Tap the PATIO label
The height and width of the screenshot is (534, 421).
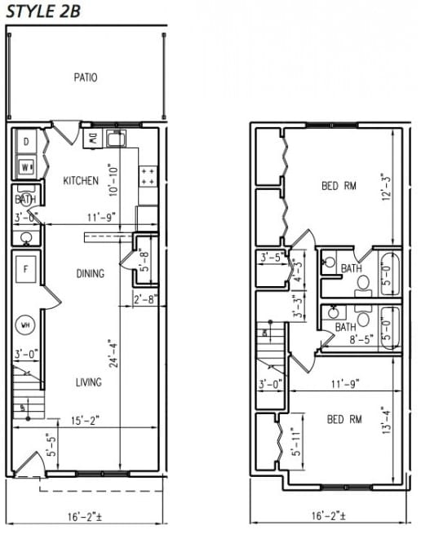[x=86, y=78]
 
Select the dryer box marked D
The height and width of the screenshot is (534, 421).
[x=26, y=142]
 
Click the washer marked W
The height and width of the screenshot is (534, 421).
[x=26, y=167]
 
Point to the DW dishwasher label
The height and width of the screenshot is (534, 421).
[x=94, y=139]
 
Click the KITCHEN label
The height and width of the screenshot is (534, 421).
[x=81, y=181]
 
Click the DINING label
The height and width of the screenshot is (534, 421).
[x=90, y=273]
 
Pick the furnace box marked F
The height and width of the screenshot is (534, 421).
[x=26, y=269]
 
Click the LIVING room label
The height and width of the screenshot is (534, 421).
[x=89, y=381]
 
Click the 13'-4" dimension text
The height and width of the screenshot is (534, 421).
[x=386, y=429]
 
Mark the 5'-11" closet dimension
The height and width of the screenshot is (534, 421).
[x=297, y=444]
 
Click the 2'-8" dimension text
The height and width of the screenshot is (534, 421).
[x=144, y=299]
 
